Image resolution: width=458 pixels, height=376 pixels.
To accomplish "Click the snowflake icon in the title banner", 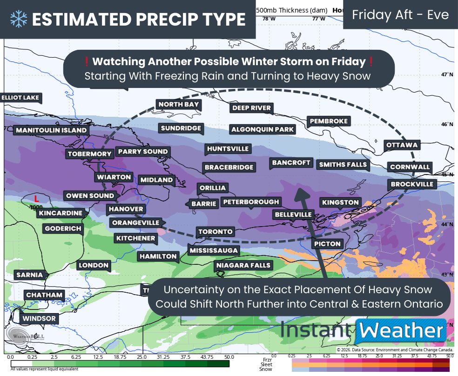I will [19, 19].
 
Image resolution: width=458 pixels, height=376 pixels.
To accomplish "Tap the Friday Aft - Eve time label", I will [400, 14].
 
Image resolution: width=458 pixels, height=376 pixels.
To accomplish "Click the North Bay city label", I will [179, 104].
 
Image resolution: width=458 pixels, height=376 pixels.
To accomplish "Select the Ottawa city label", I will [402, 145].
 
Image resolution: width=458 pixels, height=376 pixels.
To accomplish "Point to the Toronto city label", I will [215, 231].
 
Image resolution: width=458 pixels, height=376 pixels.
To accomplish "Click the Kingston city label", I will [340, 202].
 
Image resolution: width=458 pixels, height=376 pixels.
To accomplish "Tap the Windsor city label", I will [39, 319].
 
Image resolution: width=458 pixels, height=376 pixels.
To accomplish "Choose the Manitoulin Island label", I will [51, 130].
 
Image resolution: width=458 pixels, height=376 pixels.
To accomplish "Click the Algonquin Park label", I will [263, 129].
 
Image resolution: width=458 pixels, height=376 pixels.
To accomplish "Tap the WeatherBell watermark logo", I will [19, 336].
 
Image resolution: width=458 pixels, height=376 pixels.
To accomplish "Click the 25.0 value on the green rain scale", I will [142, 356].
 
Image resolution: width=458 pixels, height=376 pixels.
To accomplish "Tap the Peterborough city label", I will [251, 201].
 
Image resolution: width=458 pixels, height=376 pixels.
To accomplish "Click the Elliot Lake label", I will [21, 98].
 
